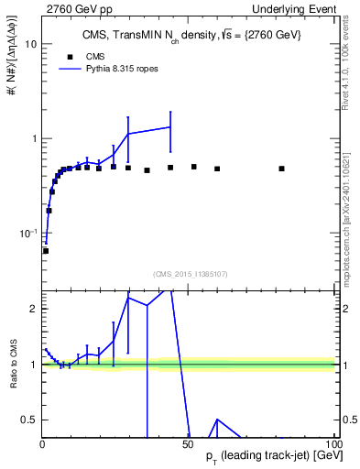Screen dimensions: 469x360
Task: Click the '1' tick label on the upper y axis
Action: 32,138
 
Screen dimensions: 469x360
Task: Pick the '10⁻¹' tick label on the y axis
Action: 27,234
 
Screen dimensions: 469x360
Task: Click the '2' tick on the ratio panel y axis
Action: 32,309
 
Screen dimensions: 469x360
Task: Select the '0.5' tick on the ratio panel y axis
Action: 28,420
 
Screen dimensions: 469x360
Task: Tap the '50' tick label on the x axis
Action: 188,443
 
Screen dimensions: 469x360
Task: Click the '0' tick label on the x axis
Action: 42,443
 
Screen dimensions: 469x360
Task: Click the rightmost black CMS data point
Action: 282,169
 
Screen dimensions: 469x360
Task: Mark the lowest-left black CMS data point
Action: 46,250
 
